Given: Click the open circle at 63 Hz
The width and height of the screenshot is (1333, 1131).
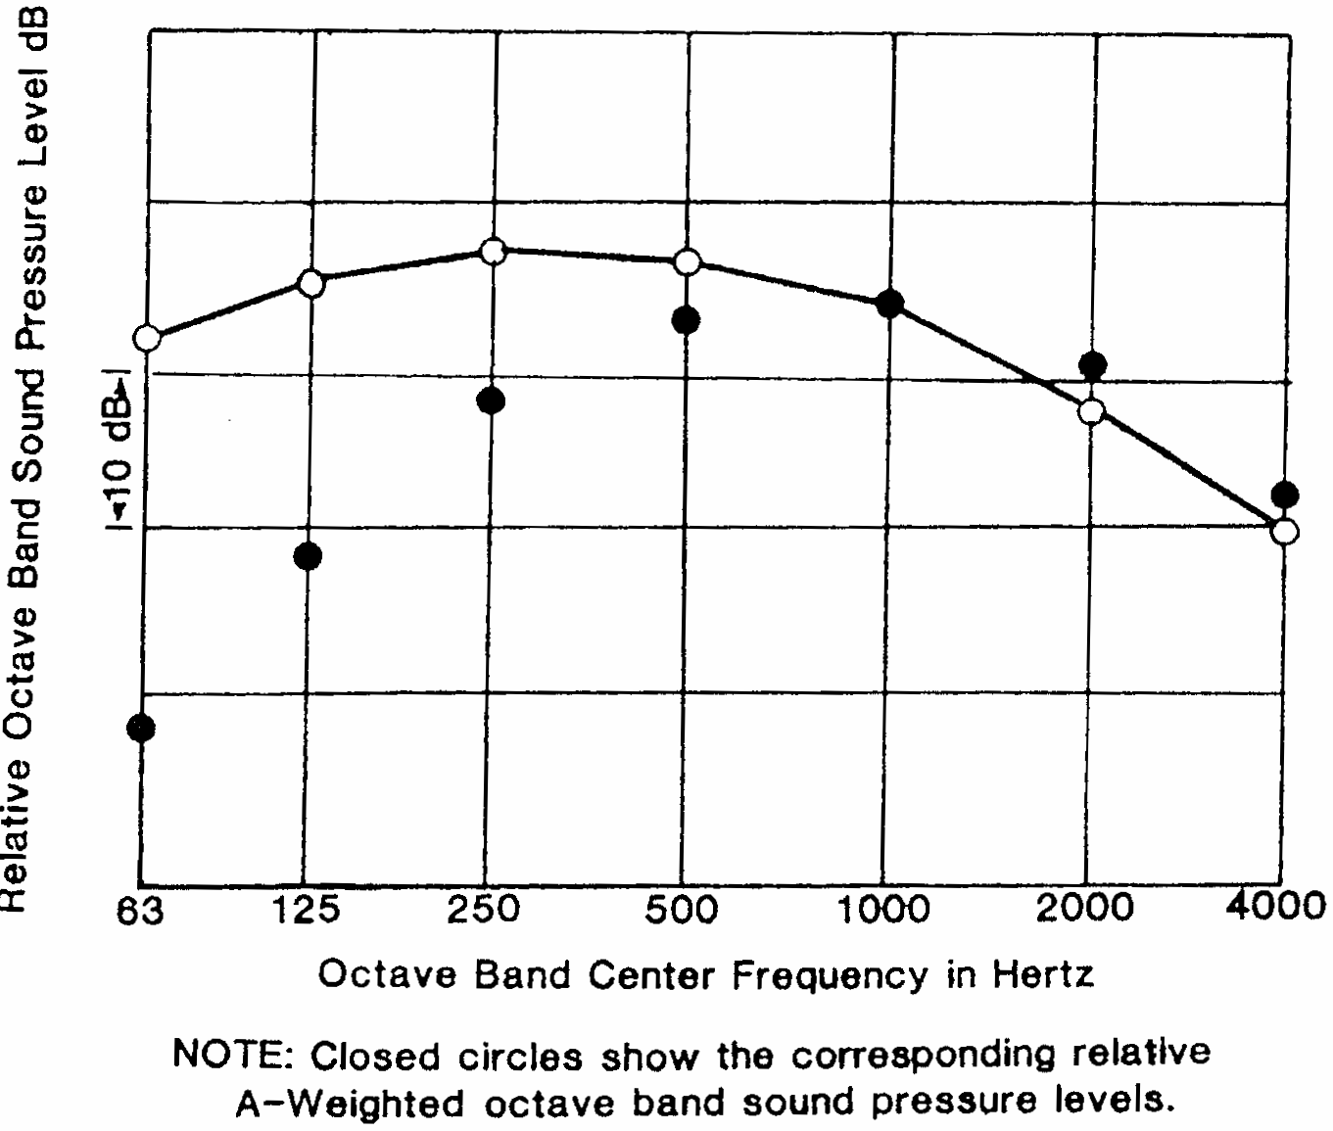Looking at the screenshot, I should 147,338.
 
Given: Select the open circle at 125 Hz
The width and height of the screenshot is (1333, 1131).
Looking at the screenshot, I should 310,284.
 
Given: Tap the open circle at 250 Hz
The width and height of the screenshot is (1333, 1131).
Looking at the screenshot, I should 494,251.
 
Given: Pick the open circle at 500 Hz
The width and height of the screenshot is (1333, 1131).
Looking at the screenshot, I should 688,261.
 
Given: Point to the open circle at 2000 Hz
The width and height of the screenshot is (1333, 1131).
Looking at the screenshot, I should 1092,411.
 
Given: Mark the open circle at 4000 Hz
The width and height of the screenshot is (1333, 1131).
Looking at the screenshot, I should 1285,531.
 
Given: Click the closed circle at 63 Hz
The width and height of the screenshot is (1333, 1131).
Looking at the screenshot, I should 141,728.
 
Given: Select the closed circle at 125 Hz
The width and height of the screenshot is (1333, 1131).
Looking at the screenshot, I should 308,556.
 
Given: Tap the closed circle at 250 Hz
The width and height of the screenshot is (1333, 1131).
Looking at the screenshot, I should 491,400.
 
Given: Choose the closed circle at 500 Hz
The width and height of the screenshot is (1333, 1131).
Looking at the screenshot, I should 686,319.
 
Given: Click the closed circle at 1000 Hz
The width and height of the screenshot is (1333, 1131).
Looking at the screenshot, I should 889,303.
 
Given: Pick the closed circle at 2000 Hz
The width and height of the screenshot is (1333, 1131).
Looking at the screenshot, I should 1093,366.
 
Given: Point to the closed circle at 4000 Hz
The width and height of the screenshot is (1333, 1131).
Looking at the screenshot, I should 1285,495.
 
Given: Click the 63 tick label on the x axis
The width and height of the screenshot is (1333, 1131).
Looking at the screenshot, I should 140,912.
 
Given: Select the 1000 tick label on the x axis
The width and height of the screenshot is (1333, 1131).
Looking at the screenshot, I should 885,910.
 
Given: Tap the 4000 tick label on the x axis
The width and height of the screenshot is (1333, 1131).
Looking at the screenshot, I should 1276,906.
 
